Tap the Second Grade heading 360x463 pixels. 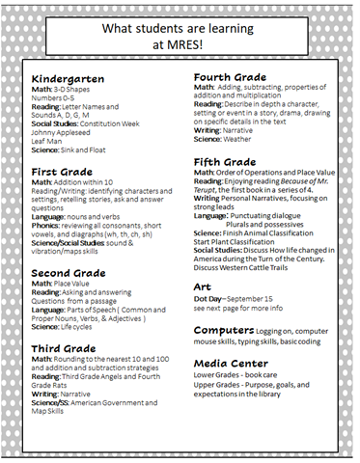(70, 273)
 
